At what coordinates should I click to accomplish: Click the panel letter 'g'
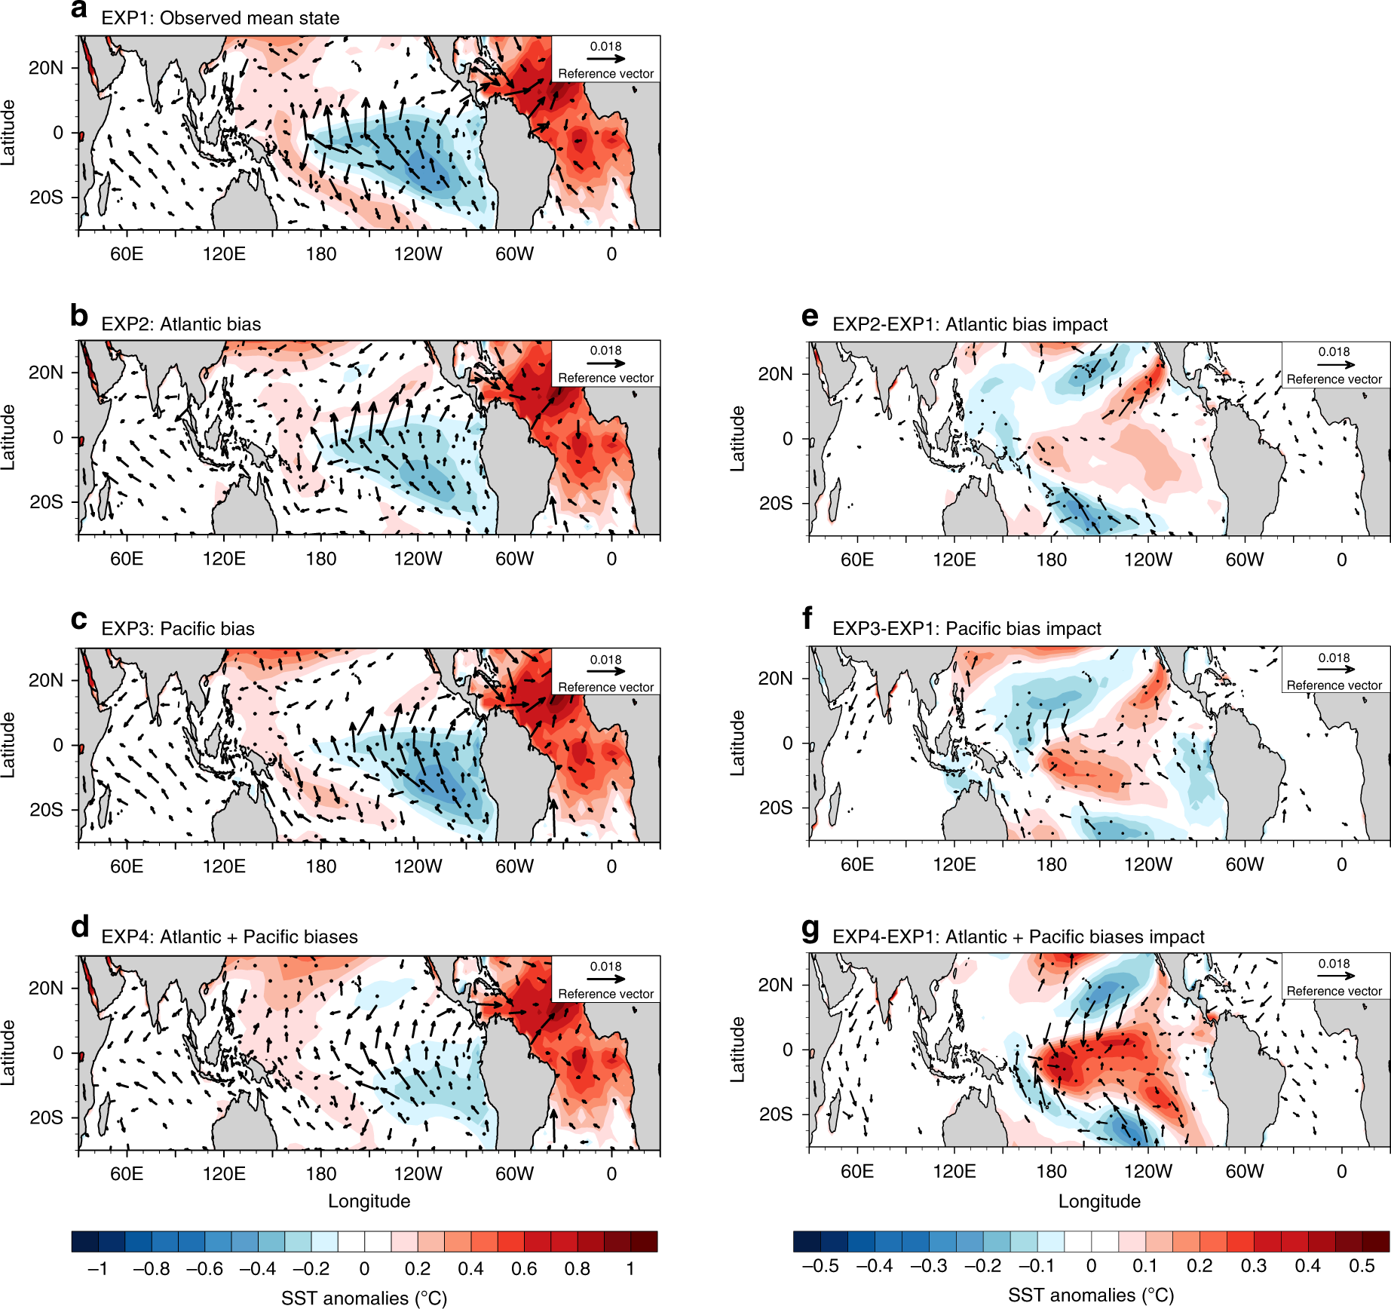click(x=810, y=930)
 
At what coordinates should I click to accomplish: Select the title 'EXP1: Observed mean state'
click(x=220, y=18)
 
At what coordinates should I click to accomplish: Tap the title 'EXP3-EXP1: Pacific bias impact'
click(x=967, y=629)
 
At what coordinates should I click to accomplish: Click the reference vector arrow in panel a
click(x=606, y=58)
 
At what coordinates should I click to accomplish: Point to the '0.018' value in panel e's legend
click(x=1334, y=351)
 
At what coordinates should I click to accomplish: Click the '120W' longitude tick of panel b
click(x=418, y=559)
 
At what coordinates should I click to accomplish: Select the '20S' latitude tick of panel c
click(x=46, y=810)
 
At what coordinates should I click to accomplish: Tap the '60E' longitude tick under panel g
click(x=856, y=1171)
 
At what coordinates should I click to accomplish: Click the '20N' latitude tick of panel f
click(x=775, y=678)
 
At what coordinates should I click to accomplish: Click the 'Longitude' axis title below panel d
click(x=369, y=1201)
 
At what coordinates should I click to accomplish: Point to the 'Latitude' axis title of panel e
click(x=738, y=439)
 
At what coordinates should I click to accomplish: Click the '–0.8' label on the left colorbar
click(x=151, y=1269)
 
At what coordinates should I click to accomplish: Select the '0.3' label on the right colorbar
click(x=1253, y=1266)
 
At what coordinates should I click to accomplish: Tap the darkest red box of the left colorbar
click(x=644, y=1241)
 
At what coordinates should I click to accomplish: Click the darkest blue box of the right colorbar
click(x=807, y=1241)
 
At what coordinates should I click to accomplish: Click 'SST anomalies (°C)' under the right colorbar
click(x=1090, y=1295)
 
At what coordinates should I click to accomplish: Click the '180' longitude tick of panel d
click(x=320, y=1174)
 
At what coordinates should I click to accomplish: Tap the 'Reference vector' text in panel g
click(x=1334, y=991)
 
